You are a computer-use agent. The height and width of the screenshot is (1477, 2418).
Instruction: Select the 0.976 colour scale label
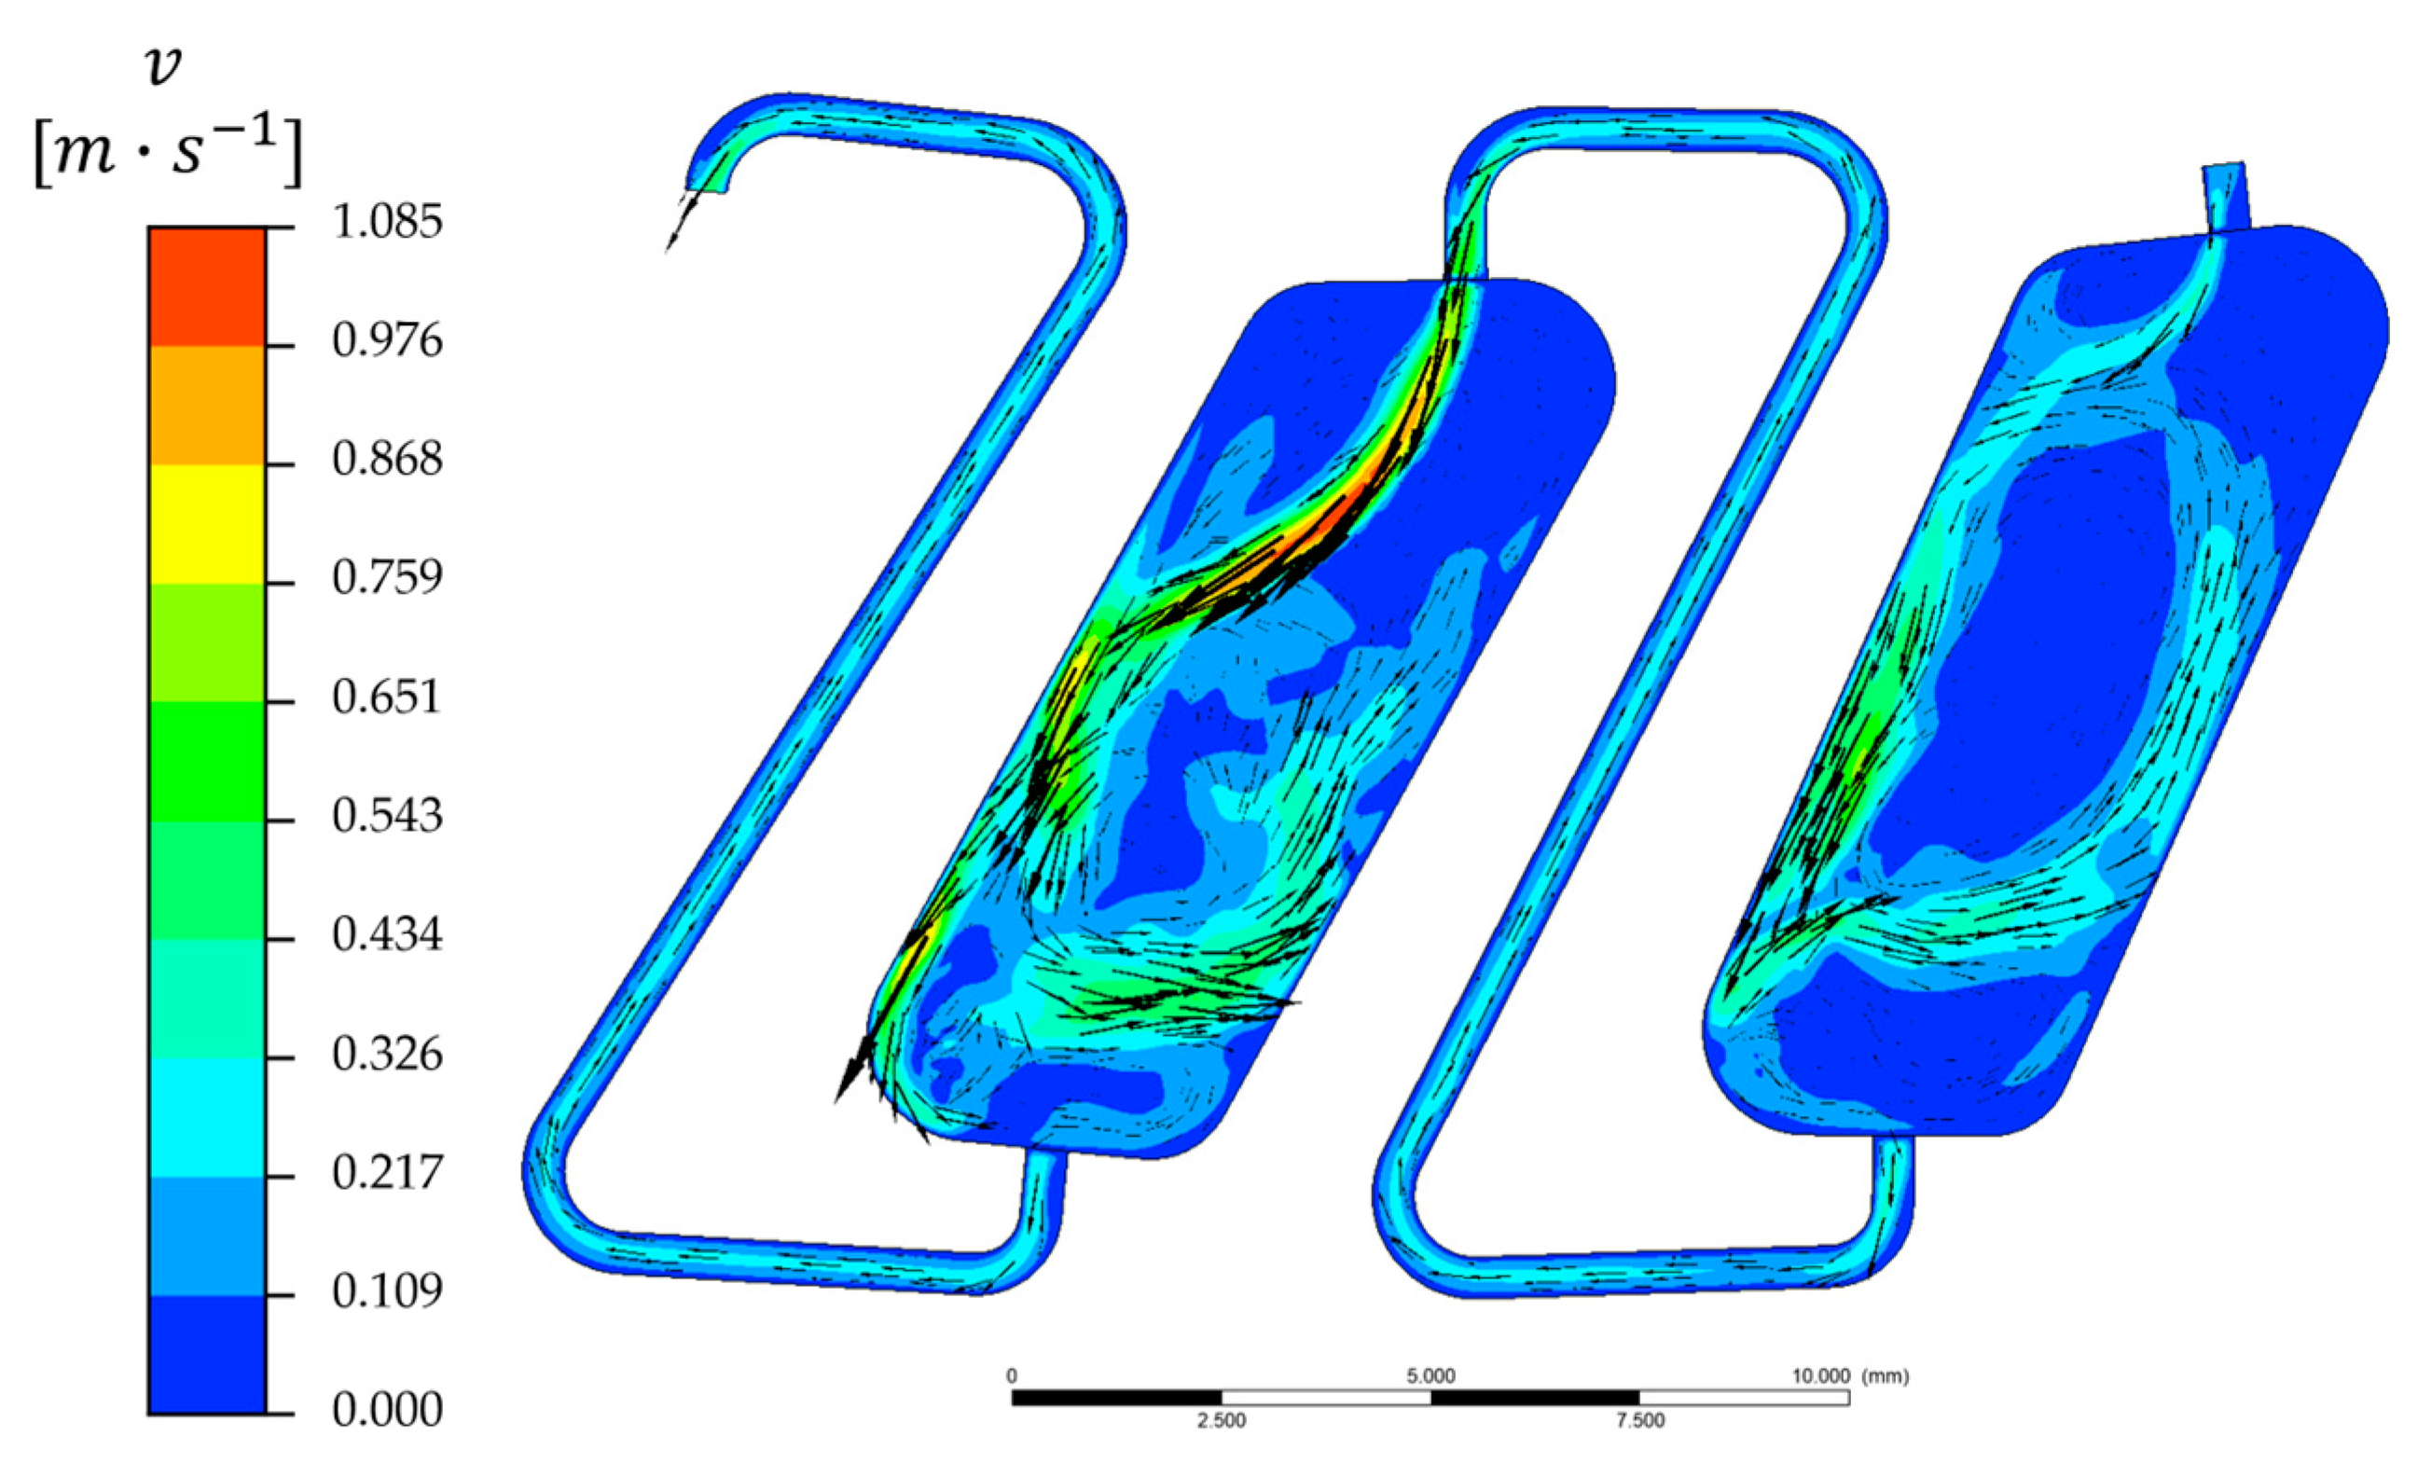point(387,340)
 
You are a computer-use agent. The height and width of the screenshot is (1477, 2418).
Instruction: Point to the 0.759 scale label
point(387,577)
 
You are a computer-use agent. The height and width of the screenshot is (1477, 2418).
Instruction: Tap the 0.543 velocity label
point(387,816)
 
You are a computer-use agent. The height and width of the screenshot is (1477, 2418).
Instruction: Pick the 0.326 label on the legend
point(387,1054)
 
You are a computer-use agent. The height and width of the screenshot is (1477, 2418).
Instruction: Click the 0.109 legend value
point(387,1291)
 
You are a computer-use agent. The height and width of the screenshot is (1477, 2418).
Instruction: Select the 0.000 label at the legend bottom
point(387,1410)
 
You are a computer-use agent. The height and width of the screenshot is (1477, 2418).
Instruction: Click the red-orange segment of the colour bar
point(207,286)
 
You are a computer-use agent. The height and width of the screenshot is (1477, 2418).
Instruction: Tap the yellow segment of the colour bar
point(207,524)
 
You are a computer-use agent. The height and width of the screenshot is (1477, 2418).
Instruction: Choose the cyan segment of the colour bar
point(207,1118)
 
